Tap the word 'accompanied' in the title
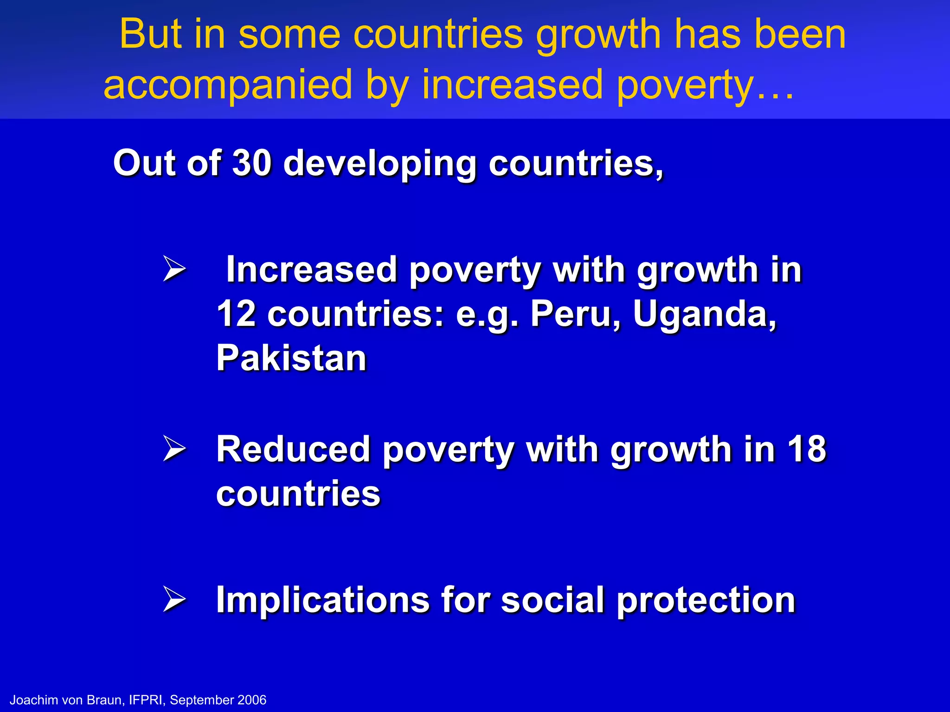tap(228, 85)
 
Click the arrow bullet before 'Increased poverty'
tap(174, 270)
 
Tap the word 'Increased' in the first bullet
tap(311, 270)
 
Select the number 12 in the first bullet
tap(236, 314)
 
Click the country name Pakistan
tap(291, 358)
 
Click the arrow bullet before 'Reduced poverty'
tap(174, 449)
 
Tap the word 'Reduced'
tap(293, 450)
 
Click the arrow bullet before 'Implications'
tap(174, 599)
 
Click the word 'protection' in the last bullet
tap(706, 601)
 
